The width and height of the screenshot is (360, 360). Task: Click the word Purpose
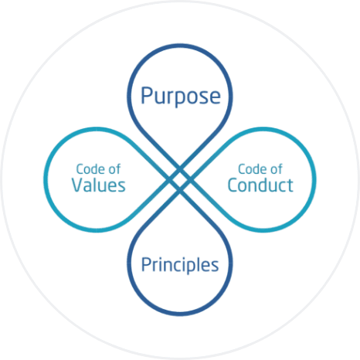pyautogui.click(x=181, y=97)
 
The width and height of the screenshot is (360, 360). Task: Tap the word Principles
pyautogui.click(x=180, y=265)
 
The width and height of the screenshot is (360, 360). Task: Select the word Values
pyautogui.click(x=99, y=185)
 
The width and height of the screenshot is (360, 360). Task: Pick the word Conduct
pyautogui.click(x=260, y=185)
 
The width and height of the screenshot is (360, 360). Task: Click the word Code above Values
pyautogui.click(x=90, y=169)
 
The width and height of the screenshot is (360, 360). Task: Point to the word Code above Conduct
pyautogui.click(x=253, y=169)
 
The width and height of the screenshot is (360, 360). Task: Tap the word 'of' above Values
pyautogui.click(x=114, y=169)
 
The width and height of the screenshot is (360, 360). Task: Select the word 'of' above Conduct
pyautogui.click(x=277, y=169)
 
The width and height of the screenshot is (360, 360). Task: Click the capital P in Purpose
pyautogui.click(x=146, y=95)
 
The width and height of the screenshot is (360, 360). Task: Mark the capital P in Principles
pyautogui.click(x=146, y=264)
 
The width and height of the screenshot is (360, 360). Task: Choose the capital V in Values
pyautogui.click(x=78, y=185)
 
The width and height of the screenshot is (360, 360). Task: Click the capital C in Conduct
pyautogui.click(x=233, y=185)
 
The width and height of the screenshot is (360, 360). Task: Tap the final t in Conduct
pyautogui.click(x=290, y=185)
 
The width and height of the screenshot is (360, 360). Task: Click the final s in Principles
pyautogui.click(x=215, y=267)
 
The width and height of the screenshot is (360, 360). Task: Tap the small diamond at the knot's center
pyautogui.click(x=180, y=179)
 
